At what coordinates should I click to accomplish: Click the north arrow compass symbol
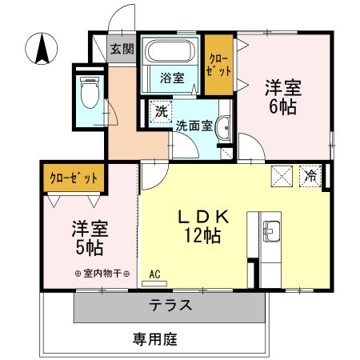coord(42,49)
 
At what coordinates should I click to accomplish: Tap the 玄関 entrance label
coord(122,49)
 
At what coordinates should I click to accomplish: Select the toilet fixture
coord(90,92)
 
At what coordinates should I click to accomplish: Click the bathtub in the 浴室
coord(170,51)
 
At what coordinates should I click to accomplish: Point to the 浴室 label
coord(172,78)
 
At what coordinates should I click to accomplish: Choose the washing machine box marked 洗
coord(161,112)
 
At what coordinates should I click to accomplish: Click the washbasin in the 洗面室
coord(223,128)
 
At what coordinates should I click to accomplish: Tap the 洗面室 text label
coord(194,126)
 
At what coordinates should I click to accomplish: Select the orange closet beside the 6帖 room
coord(219,65)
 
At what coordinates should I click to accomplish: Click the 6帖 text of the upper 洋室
coord(283,107)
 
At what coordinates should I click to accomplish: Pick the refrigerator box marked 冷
coord(310,176)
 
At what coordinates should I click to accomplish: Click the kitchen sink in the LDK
coord(271,231)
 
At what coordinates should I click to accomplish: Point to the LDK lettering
coord(203,217)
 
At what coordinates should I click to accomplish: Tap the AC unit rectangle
coord(154,283)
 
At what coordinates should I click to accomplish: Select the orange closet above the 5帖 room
coord(74,178)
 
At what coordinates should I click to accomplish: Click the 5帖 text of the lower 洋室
coord(90,248)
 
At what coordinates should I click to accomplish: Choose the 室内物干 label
coord(102,274)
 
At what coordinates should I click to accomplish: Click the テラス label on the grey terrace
coord(170,305)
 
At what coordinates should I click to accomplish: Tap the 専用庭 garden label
coord(155,339)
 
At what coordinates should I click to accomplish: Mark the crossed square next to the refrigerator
coord(282,176)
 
